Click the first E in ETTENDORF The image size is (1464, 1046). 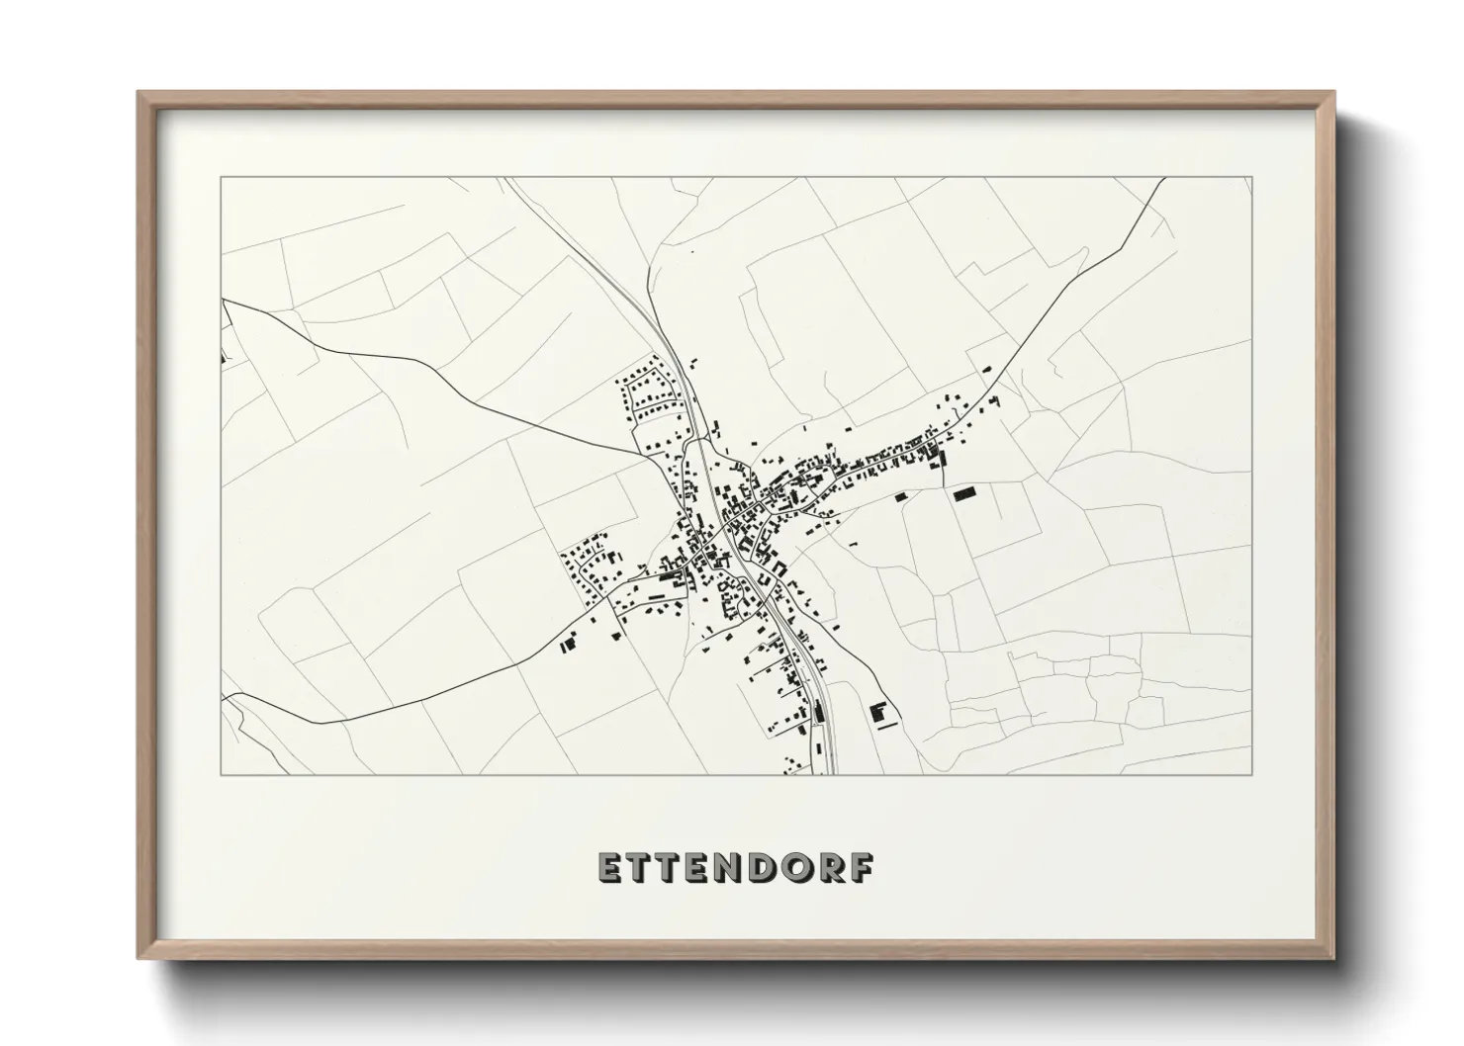pyautogui.click(x=610, y=867)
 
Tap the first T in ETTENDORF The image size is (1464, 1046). pyautogui.click(x=642, y=867)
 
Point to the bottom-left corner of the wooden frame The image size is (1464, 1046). pyautogui.click(x=138, y=958)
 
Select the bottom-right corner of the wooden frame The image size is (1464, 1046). pyautogui.click(x=1333, y=958)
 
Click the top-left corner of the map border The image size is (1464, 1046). pyautogui.click(x=221, y=177)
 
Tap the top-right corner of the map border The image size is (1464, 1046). pyautogui.click(x=1252, y=177)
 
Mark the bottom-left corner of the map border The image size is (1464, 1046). pyautogui.click(x=221, y=774)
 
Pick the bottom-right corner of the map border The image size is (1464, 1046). pyautogui.click(x=1252, y=774)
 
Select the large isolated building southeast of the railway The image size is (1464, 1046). pyautogui.click(x=876, y=712)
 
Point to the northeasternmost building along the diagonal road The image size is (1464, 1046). pyautogui.click(x=985, y=369)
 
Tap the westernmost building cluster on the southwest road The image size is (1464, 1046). pyautogui.click(x=567, y=645)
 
